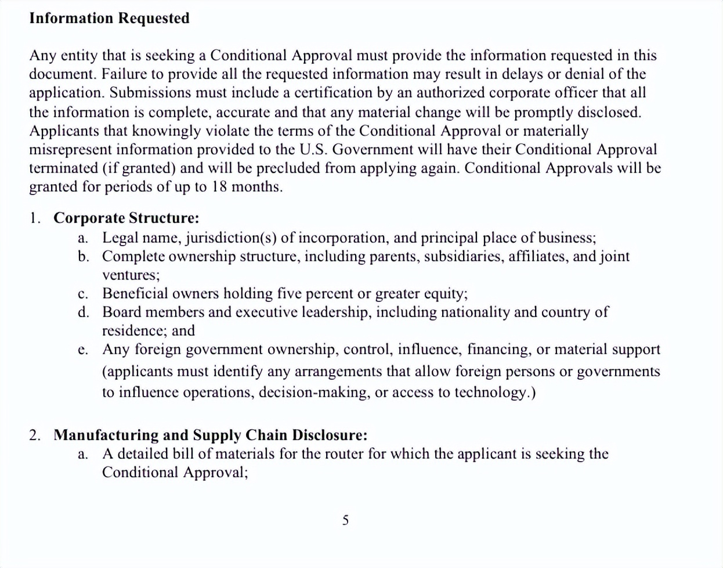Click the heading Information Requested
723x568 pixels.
tap(109, 18)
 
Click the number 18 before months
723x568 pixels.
tap(218, 187)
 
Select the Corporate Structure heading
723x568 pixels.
tap(126, 218)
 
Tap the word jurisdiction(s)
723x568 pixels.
tap(231, 238)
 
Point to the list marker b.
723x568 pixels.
tap(83, 256)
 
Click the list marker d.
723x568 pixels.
tap(83, 312)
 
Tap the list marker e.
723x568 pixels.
tap(83, 350)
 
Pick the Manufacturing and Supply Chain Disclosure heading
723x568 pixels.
tap(210, 435)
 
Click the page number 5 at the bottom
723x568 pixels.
tap(345, 520)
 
